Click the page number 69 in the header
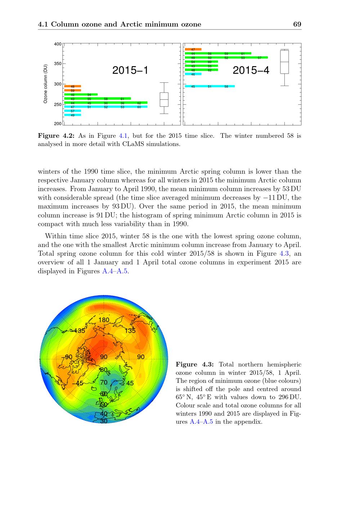tap(297, 24)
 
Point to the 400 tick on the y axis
tap(58, 44)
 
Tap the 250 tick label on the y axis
tap(58, 105)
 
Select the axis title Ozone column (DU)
tap(45, 84)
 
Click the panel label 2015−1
tap(130, 70)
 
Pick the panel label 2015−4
tap(251, 70)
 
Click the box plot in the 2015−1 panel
tap(164, 99)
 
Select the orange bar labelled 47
tap(193, 49)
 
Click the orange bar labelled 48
tap(72, 86)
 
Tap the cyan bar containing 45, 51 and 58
tap(210, 86)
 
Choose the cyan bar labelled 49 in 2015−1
tap(72, 115)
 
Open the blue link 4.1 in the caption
tap(122, 136)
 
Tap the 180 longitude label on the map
tap(104, 320)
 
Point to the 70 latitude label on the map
tap(104, 382)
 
